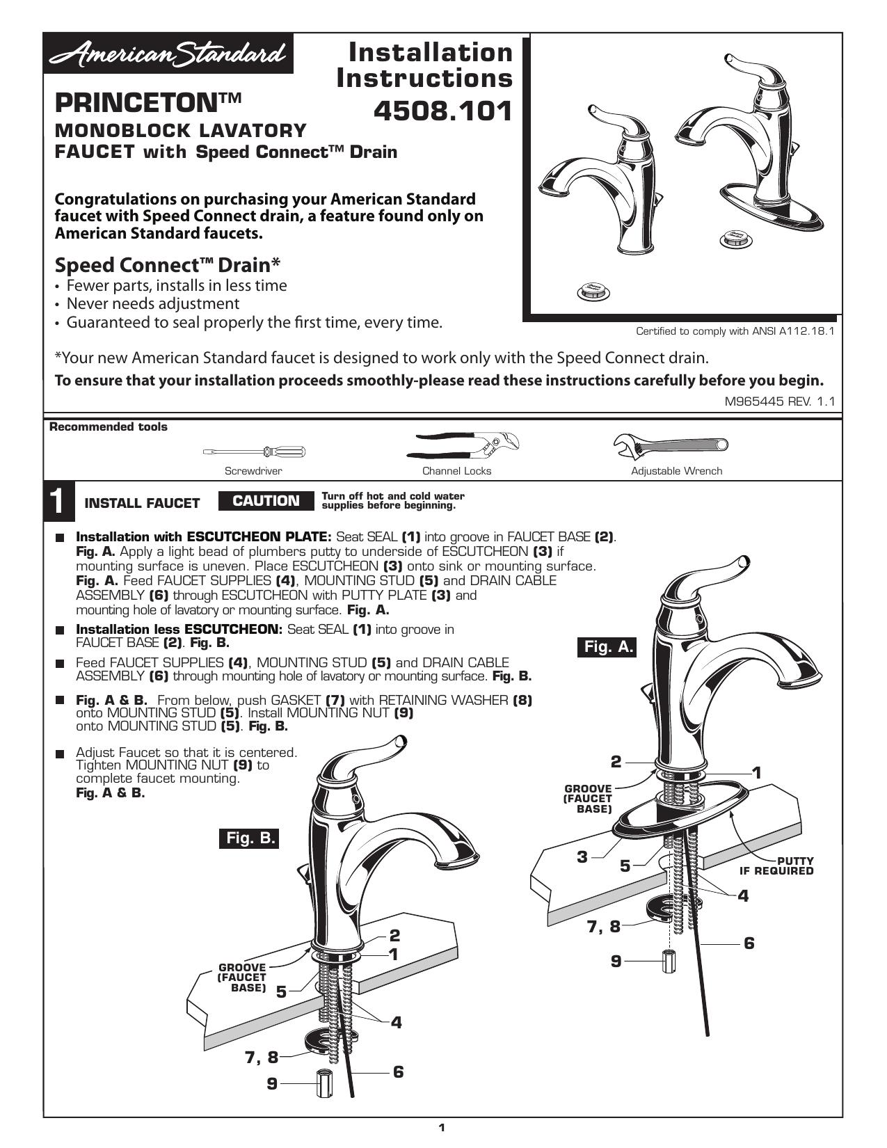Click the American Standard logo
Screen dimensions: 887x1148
(168, 54)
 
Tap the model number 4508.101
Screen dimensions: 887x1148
(442, 111)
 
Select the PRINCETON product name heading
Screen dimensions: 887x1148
(148, 102)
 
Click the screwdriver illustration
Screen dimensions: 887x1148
(254, 452)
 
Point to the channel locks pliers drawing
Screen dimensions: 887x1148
(463, 445)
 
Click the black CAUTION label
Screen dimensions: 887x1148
(266, 501)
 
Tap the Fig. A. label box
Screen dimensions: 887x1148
(607, 646)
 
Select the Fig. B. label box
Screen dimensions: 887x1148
(249, 838)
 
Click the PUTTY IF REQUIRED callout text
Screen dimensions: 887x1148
(776, 866)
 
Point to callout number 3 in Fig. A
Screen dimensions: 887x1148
(582, 856)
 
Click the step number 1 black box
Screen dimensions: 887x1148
(59, 501)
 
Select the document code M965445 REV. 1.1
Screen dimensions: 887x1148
(779, 401)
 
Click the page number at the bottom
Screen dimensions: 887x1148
(442, 1128)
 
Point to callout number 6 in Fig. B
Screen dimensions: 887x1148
(399, 1072)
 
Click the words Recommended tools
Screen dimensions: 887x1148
(109, 427)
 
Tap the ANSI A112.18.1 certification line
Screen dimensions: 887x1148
(735, 331)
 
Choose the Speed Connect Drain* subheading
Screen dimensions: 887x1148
(168, 264)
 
